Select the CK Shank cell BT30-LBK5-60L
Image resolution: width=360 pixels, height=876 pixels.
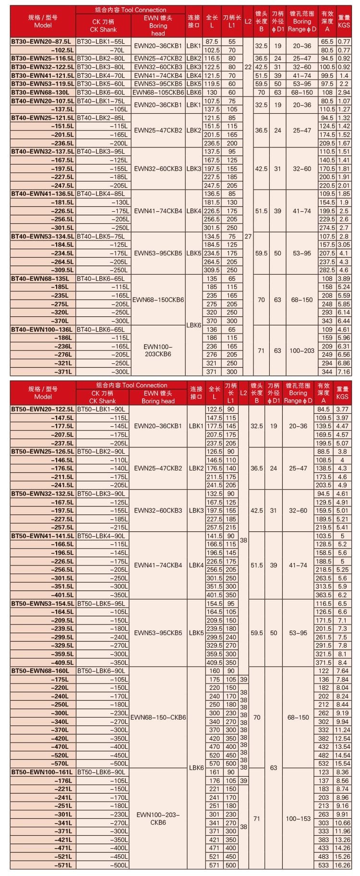[x=103, y=84]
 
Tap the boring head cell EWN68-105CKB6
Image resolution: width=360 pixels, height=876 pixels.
[x=158, y=93]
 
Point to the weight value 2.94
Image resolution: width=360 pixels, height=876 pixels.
[x=344, y=93]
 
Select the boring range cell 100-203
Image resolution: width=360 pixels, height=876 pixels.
[x=302, y=351]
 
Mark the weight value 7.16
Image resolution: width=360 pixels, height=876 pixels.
[x=344, y=372]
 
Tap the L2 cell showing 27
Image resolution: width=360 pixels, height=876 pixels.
[x=248, y=236]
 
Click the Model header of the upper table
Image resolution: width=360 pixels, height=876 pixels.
[x=43, y=21]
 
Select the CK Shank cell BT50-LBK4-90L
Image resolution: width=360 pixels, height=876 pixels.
[x=102, y=536]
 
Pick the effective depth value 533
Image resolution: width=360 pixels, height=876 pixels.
[x=324, y=865]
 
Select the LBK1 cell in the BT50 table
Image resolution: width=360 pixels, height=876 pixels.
[x=196, y=426]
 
